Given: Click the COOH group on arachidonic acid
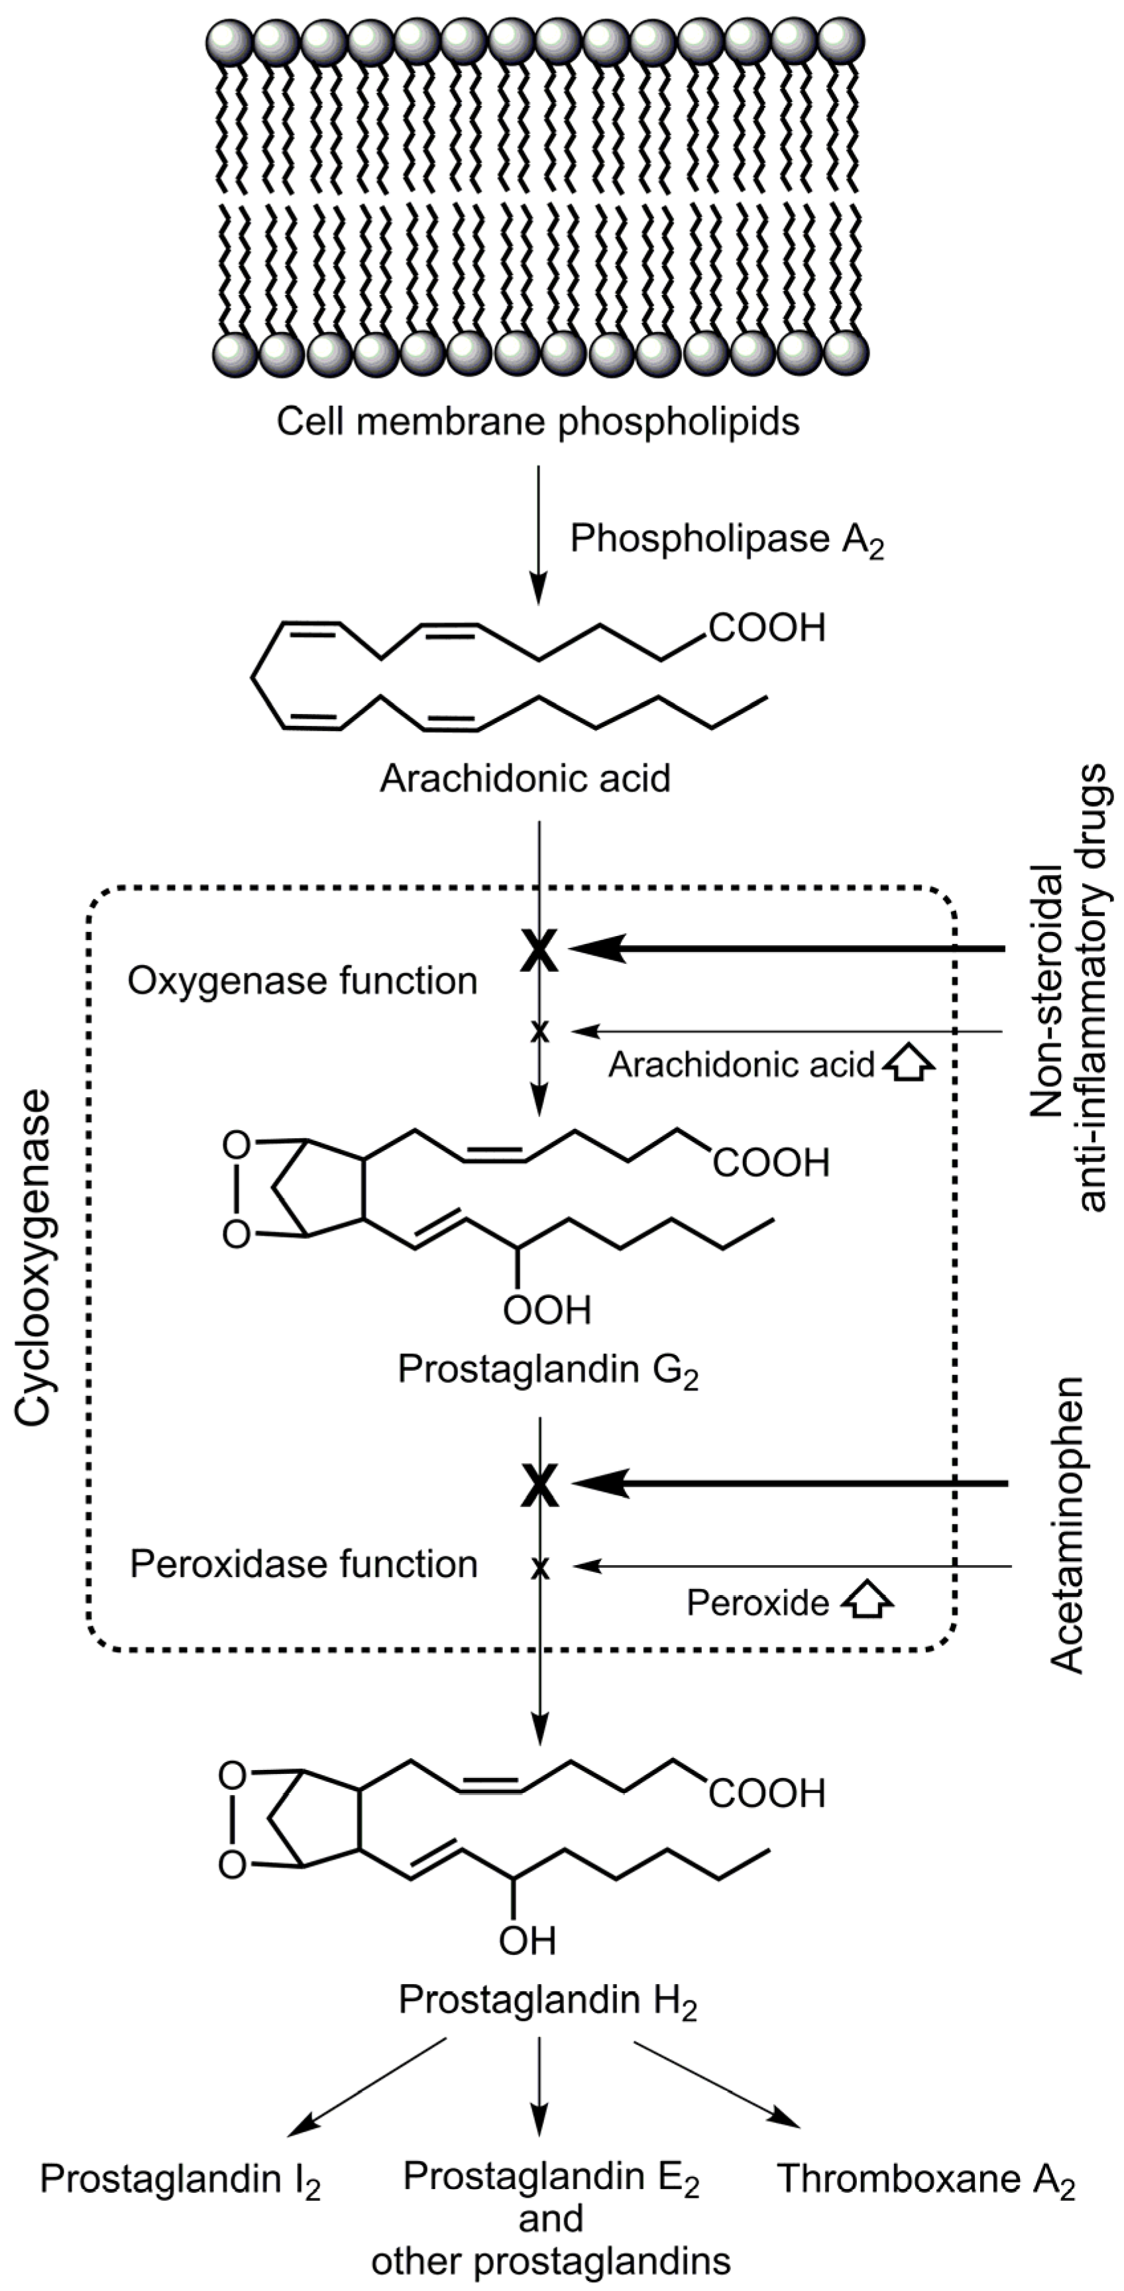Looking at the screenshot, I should click(767, 628).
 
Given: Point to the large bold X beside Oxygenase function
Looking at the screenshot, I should click(539, 951).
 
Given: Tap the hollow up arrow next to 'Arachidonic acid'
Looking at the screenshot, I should click(909, 1065).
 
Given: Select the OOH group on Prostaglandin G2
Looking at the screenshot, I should click(546, 1310).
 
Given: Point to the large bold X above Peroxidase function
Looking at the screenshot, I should click(539, 1484).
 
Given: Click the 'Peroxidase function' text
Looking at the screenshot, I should click(304, 1564).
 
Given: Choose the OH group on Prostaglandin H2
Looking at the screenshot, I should click(528, 1940).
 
